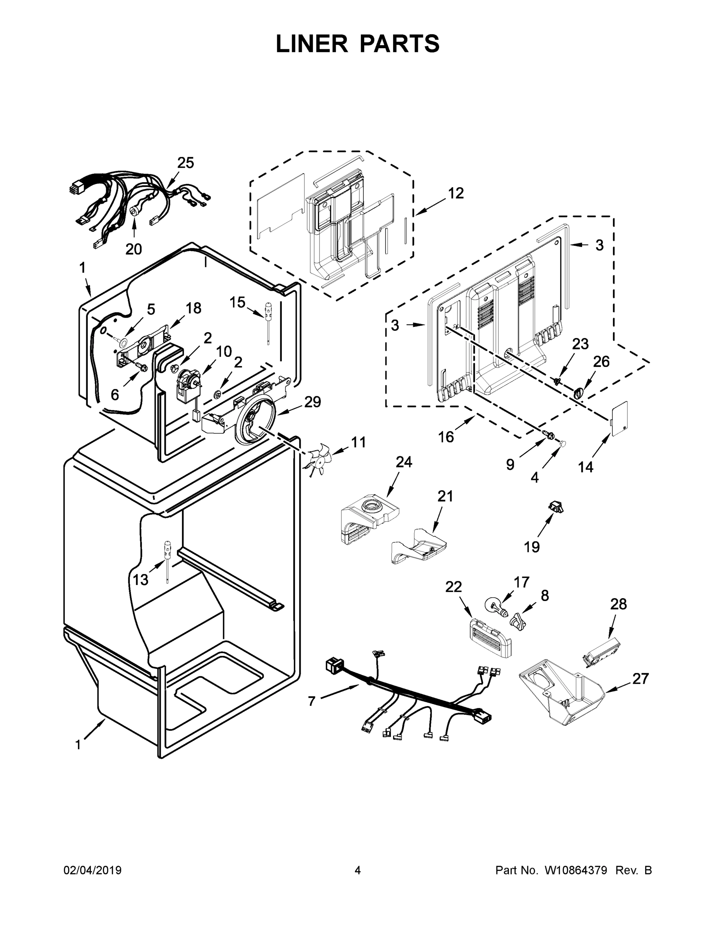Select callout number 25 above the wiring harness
(185, 163)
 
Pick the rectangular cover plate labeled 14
(619, 418)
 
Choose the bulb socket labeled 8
(518, 622)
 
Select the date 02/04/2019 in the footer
(93, 870)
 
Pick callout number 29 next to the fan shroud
(313, 402)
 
